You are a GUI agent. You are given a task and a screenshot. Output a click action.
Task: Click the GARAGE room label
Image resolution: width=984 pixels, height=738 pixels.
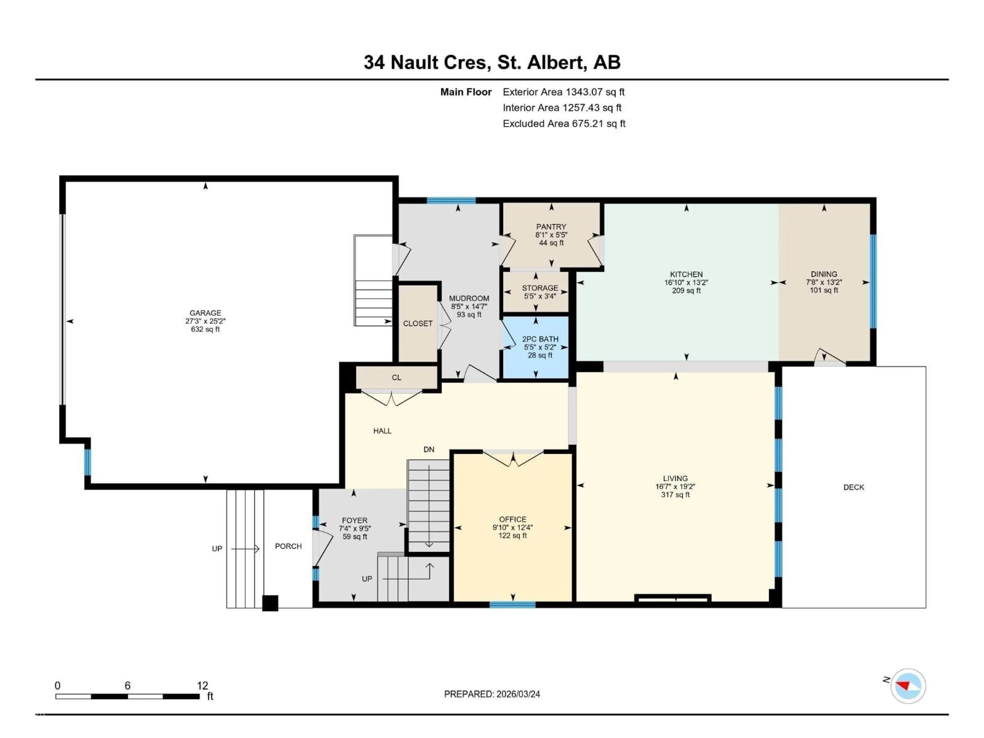tap(205, 313)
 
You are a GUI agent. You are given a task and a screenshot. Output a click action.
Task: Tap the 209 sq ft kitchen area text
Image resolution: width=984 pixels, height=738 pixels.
tap(686, 291)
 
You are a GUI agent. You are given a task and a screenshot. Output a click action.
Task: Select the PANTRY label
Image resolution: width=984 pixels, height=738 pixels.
tap(551, 227)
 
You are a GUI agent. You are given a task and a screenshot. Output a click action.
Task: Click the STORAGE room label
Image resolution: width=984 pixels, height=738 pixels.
tap(540, 288)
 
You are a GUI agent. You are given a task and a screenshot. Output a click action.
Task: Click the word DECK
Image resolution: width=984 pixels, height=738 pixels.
tap(853, 487)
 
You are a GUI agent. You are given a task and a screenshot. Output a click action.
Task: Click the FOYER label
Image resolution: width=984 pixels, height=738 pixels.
tap(355, 520)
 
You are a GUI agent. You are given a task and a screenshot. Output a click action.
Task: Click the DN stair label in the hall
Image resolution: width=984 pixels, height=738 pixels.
tap(428, 449)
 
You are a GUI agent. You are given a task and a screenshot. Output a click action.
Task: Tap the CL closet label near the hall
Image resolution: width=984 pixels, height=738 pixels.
tap(396, 377)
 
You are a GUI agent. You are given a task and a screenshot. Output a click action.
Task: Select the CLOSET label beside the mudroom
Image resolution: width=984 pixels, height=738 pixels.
tap(417, 323)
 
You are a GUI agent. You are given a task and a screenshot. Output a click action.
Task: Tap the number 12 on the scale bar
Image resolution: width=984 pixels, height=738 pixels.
tap(202, 685)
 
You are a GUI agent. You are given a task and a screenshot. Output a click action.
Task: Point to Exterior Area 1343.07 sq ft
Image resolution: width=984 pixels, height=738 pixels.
tap(563, 92)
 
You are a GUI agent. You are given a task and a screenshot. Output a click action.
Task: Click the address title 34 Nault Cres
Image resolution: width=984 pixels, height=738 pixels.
tap(427, 62)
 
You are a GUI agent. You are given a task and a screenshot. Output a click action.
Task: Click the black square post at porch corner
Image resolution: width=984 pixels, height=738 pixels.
tap(270, 603)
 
